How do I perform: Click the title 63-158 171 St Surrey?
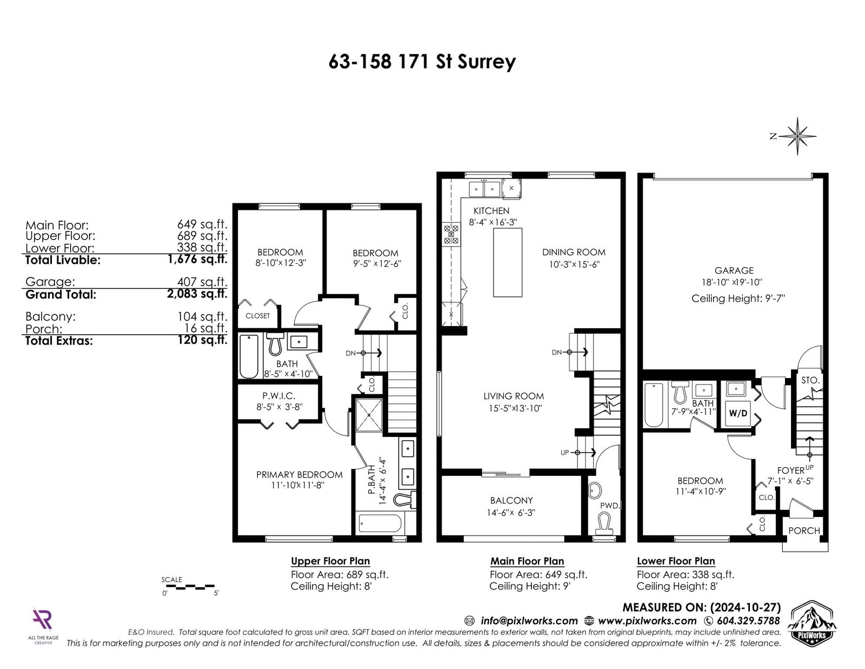[422, 62]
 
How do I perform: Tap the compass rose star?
[797, 136]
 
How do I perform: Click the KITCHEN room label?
[491, 211]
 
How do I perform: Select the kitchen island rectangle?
[508, 262]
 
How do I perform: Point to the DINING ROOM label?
[574, 252]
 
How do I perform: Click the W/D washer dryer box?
[738, 413]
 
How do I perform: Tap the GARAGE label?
[734, 270]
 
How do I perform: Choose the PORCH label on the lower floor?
[804, 531]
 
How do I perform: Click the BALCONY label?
[511, 500]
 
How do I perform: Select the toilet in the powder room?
[604, 524]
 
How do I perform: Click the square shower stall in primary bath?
[369, 415]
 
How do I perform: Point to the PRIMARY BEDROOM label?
[300, 475]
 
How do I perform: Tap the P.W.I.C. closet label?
[278, 396]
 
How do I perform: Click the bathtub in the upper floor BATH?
[249, 356]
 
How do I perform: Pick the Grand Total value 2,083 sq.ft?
[197, 294]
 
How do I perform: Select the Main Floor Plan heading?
[527, 561]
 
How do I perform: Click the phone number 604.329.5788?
[748, 621]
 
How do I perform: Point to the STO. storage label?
[810, 380]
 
